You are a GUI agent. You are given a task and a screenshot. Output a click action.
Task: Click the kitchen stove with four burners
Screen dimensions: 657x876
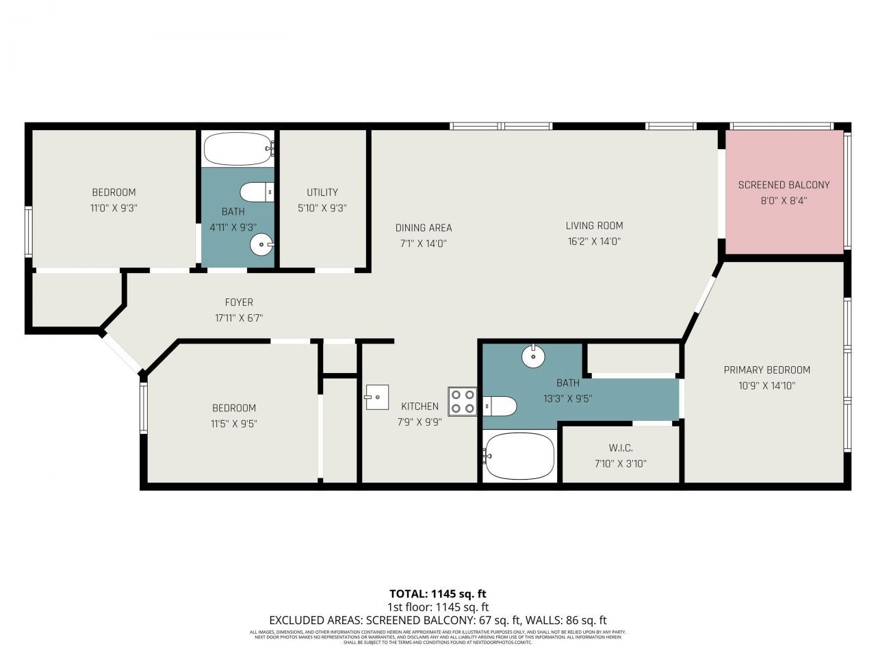[463, 402]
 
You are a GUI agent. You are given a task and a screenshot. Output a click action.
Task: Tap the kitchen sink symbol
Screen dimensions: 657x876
[376, 397]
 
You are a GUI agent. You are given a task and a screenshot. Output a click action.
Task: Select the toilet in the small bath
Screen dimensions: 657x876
[257, 192]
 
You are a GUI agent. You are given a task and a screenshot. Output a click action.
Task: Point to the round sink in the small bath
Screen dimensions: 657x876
[261, 244]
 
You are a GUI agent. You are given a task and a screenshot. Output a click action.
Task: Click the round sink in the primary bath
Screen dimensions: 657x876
[532, 356]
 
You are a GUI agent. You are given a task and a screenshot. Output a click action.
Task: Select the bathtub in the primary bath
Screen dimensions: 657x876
[519, 455]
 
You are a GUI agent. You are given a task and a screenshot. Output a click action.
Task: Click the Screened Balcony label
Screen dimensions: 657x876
[784, 185]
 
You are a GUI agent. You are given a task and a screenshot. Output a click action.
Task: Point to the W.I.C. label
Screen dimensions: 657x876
[620, 448]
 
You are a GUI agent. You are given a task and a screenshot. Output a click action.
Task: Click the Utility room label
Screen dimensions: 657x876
[322, 192]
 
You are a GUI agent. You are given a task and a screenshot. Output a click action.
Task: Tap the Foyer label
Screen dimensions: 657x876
[239, 302]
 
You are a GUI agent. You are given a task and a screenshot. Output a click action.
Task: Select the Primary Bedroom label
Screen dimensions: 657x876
[766, 370]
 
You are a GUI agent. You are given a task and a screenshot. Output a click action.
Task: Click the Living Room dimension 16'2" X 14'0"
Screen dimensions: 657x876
[594, 241]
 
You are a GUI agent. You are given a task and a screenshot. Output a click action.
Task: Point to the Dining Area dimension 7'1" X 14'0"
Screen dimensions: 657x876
[424, 243]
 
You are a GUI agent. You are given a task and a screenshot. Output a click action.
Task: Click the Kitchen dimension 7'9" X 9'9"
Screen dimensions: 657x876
[420, 422]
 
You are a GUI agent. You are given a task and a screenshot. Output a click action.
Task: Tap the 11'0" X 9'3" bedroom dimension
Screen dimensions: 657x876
[114, 207]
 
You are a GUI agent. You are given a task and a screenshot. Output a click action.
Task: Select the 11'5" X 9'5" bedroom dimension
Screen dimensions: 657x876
[234, 424]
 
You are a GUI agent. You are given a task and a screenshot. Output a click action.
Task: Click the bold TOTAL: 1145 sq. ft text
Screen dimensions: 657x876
[437, 593]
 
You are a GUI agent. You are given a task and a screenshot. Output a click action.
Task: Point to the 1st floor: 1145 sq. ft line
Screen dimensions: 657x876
[437, 606]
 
